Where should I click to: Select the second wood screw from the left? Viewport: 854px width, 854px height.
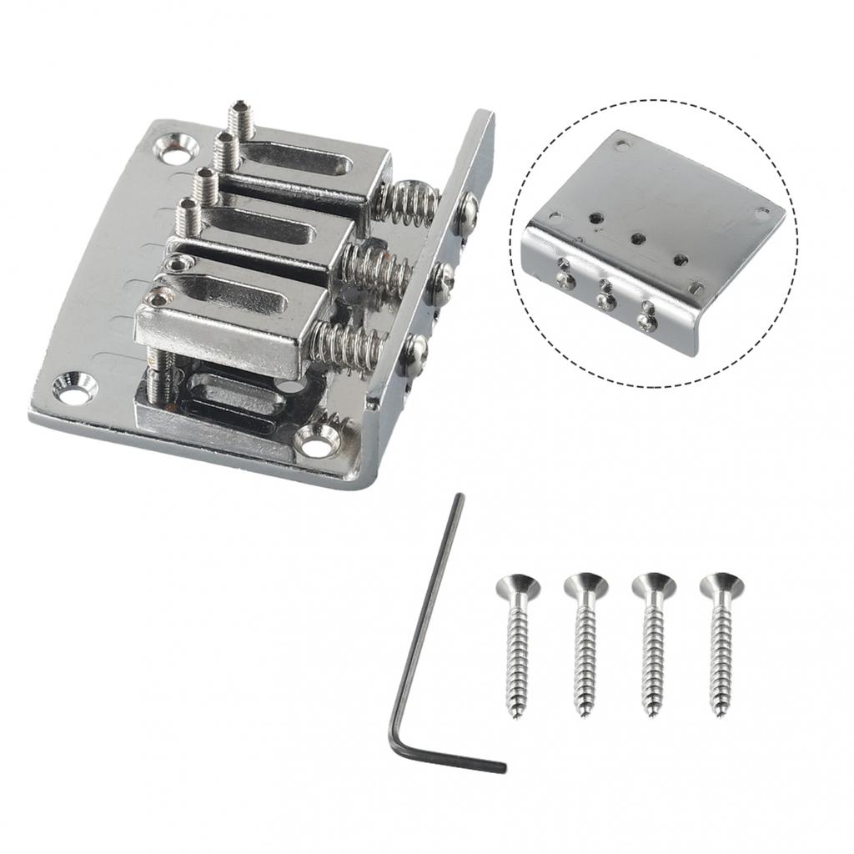pyautogui.click(x=585, y=642)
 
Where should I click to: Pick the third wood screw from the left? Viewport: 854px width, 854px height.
pyautogui.click(x=652, y=642)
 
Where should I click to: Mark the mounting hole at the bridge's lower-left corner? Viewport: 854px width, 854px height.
pyautogui.click(x=74, y=388)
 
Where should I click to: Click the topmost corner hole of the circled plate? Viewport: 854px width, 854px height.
pyautogui.click(x=620, y=143)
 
